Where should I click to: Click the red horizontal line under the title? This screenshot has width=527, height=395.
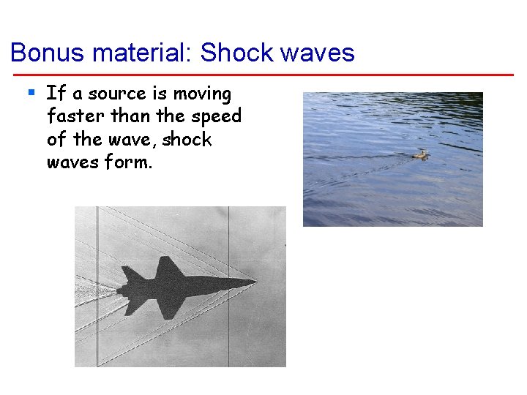coord(263,75)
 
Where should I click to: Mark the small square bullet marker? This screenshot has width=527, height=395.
coord(31,93)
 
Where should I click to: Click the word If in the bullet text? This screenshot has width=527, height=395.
coord(56,94)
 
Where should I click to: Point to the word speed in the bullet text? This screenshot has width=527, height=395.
coord(217,116)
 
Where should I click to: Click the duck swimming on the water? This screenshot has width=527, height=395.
coord(420,154)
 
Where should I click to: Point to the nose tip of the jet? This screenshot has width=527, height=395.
coord(255,282)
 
